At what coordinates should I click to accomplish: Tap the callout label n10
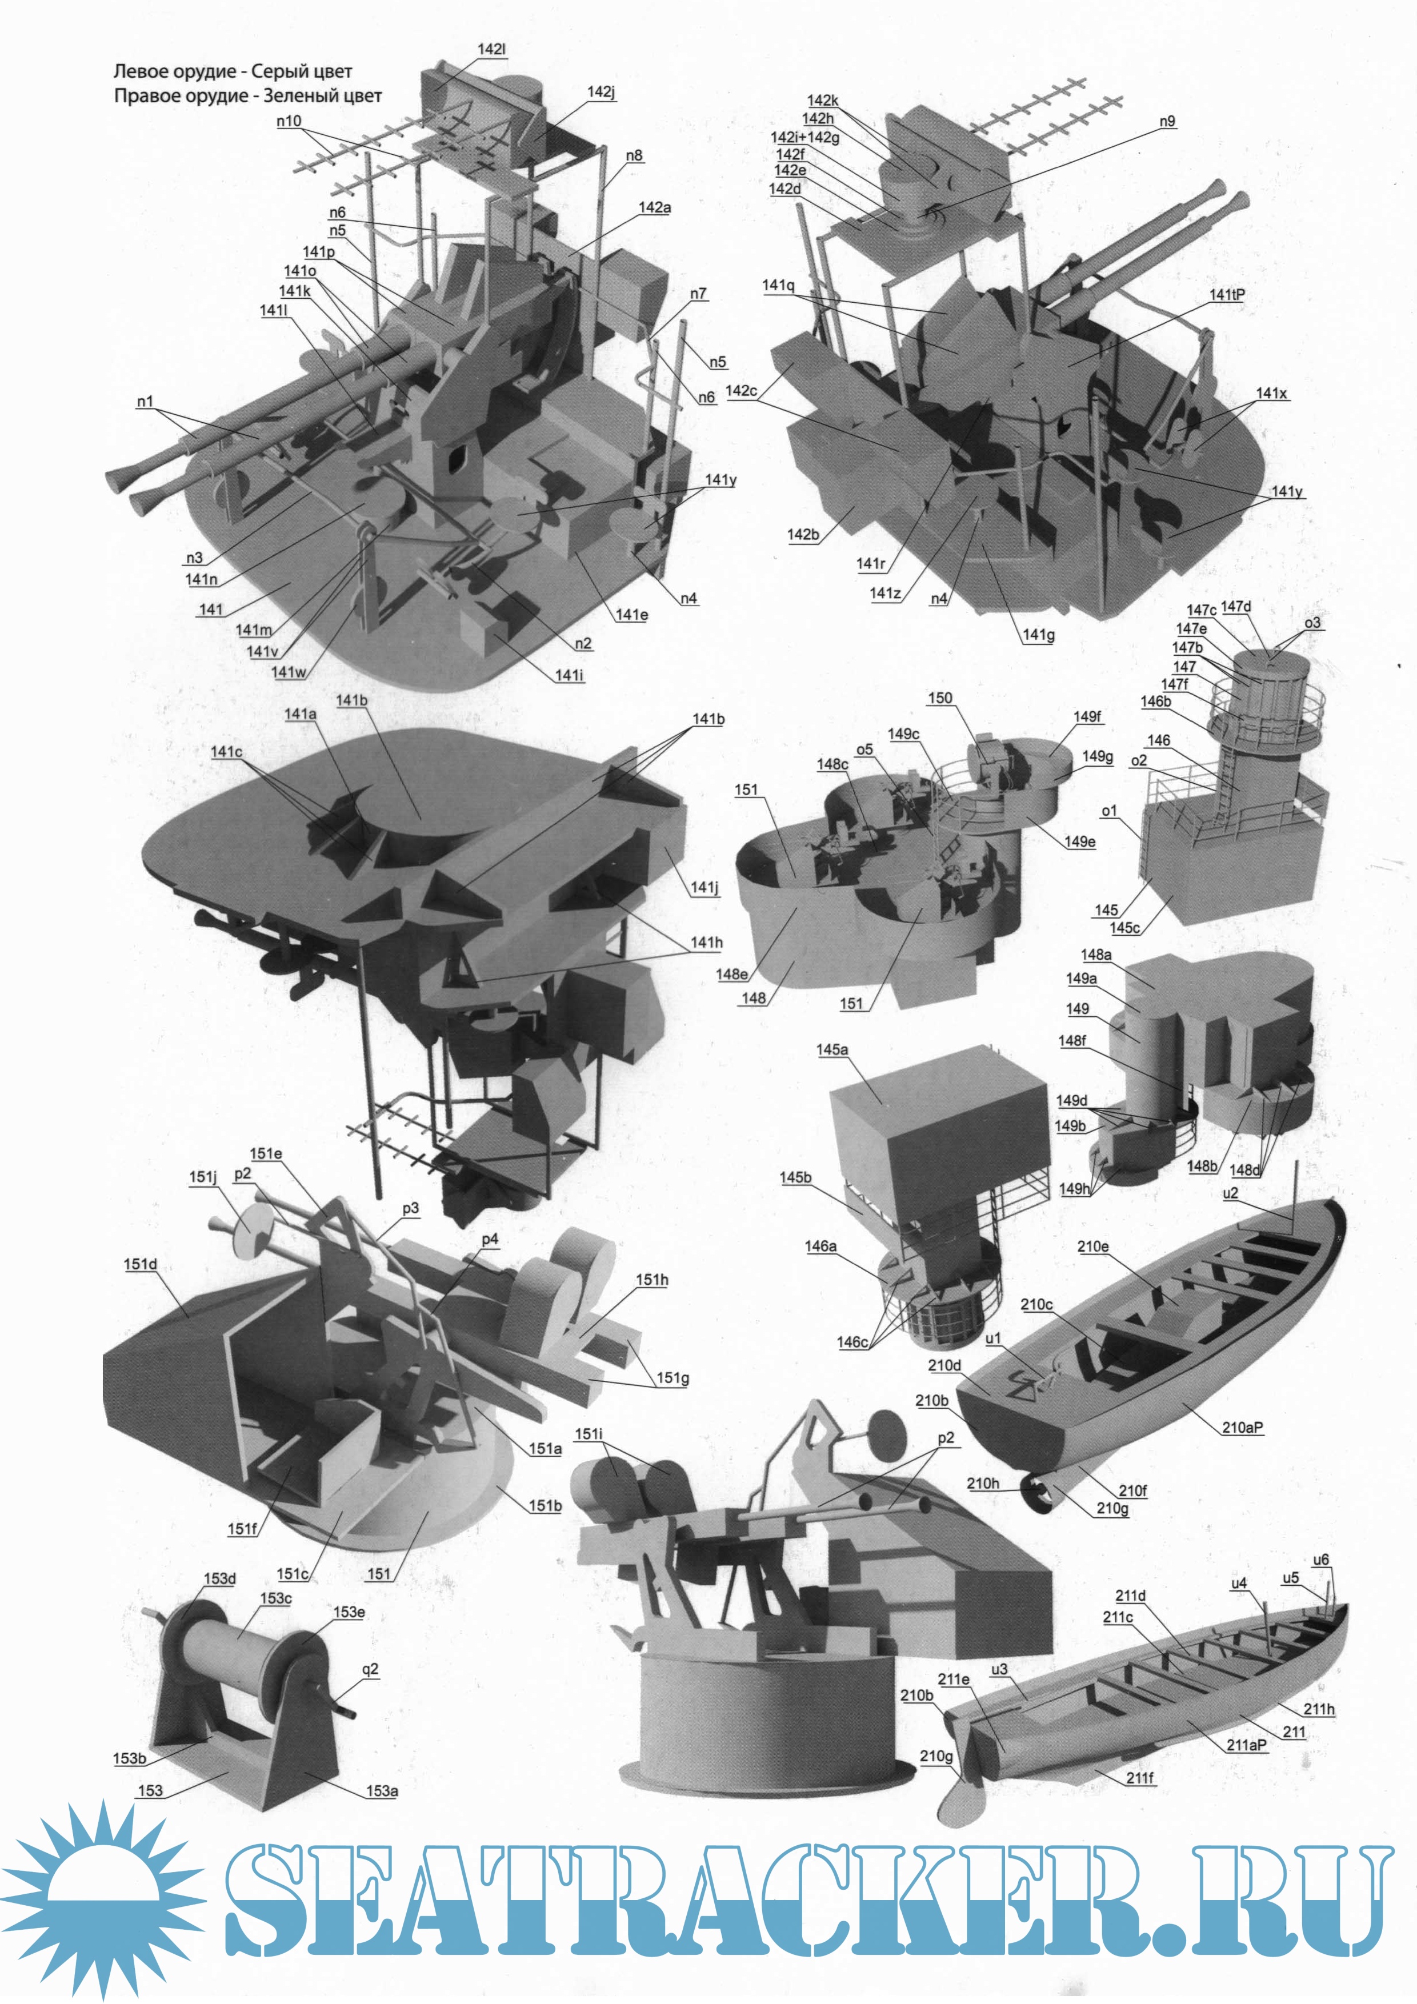pos(289,121)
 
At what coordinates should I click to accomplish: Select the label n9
pos(1167,121)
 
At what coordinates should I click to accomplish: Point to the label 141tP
pos(1227,295)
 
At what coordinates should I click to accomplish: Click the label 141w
pos(289,671)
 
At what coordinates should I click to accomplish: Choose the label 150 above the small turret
pos(939,698)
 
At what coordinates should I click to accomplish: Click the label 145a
pos(832,1049)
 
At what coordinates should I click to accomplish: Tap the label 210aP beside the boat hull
pos(1242,1427)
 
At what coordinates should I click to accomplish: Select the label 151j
pos(203,1177)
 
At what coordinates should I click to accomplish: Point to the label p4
pos(490,1239)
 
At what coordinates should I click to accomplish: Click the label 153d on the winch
pos(220,1578)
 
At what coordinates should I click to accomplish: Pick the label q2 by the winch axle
pos(370,1669)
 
